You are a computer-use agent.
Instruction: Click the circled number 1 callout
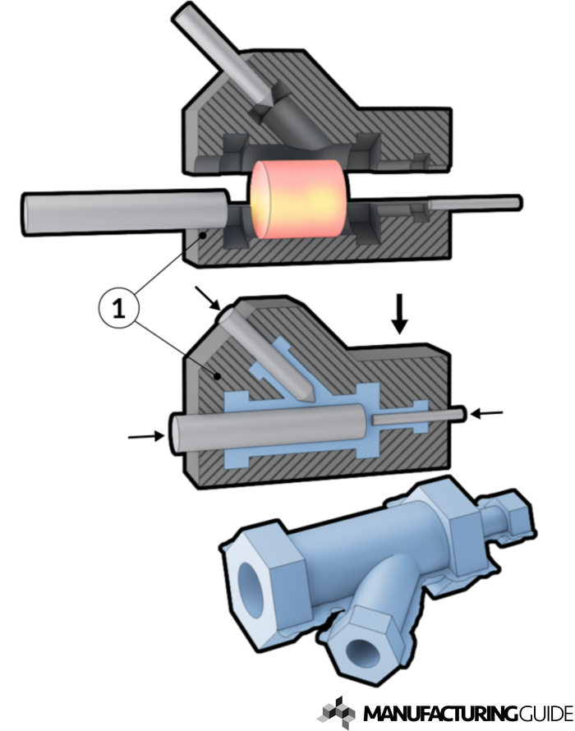tap(119, 308)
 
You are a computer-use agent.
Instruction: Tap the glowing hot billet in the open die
tap(298, 199)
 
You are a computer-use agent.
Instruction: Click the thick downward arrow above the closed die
tap(399, 314)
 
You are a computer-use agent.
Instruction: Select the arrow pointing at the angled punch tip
tap(208, 298)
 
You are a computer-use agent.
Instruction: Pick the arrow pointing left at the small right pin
tap(486, 413)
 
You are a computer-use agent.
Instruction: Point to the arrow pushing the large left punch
tap(146, 436)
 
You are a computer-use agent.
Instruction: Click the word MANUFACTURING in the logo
tap(440, 713)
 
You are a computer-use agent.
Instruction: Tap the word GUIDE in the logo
tap(545, 713)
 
